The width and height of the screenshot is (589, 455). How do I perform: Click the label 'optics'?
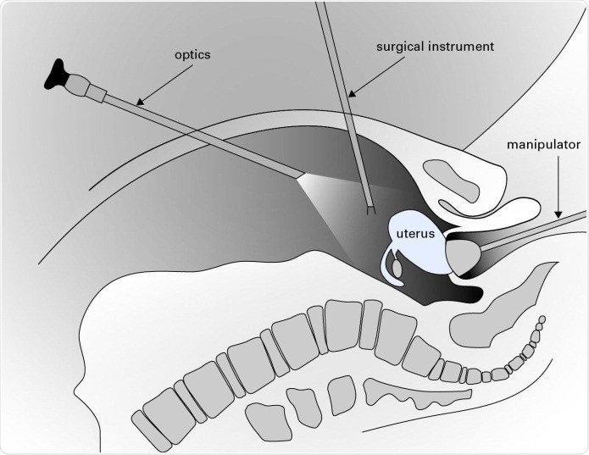[x=193, y=55]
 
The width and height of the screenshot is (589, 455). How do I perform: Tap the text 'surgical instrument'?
[x=434, y=47]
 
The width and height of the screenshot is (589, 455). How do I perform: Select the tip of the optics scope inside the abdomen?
[x=300, y=176]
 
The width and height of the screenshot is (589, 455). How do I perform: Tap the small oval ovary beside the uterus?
[x=398, y=268]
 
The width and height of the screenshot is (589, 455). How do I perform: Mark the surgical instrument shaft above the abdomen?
[x=334, y=51]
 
